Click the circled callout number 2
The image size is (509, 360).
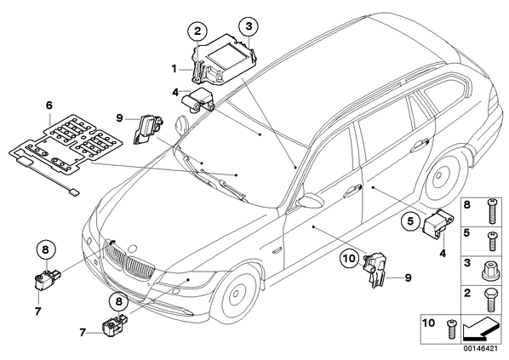(197, 31)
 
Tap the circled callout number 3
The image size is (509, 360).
(249, 26)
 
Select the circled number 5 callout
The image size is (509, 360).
(410, 221)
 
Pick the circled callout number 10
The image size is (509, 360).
(350, 259)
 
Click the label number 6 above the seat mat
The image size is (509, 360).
(49, 106)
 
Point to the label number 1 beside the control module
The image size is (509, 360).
(174, 69)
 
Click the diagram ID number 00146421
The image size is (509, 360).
(480, 349)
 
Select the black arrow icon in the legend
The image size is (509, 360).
(479, 330)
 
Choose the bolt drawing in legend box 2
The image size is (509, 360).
(490, 300)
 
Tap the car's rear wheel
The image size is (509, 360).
(443, 176)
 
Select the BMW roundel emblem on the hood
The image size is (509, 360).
(133, 249)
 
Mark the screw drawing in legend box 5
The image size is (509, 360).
(493, 241)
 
